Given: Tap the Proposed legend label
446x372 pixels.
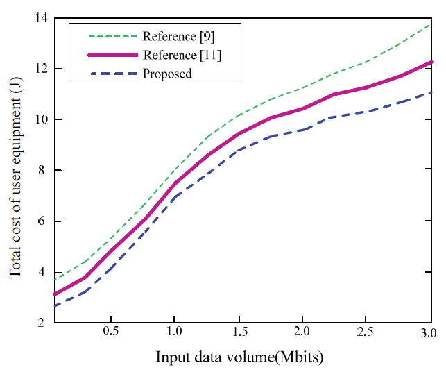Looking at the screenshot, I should pyautogui.click(x=166, y=73).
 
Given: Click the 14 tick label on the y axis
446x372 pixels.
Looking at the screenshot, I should pyautogui.click(x=33, y=18).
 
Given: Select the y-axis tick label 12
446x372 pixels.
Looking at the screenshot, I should pyautogui.click(x=33, y=69).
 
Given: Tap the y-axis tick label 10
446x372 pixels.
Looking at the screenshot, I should pyautogui.click(x=33, y=119).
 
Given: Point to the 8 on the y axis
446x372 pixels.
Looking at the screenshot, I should pyautogui.click(x=36, y=171).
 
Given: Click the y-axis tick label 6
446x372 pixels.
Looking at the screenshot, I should pyautogui.click(x=36, y=221).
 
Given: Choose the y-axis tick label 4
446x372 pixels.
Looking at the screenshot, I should pyautogui.click(x=36, y=272).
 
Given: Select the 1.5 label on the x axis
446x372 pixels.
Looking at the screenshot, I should pyautogui.click(x=238, y=331).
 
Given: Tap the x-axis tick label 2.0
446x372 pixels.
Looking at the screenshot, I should pyautogui.click(x=302, y=331).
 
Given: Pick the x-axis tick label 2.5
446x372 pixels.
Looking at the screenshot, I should pyautogui.click(x=366, y=331).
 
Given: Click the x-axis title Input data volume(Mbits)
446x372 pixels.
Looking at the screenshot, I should pyautogui.click(x=240, y=357).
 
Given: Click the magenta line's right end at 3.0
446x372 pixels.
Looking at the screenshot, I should pyautogui.click(x=431, y=62).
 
